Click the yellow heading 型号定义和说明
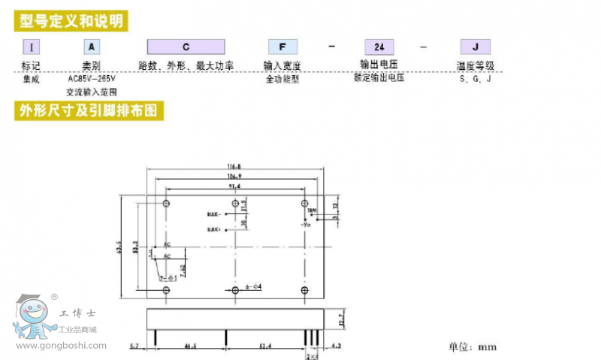(x=71, y=20)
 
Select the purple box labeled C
(x=186, y=47)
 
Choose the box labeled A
(x=89, y=47)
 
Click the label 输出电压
(x=377, y=65)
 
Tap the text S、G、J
(x=476, y=78)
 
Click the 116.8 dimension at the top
(x=235, y=166)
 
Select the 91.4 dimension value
(x=235, y=186)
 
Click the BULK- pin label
(x=214, y=213)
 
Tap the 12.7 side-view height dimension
(x=340, y=319)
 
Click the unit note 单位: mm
(x=473, y=347)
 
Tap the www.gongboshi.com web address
(x=61, y=346)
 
